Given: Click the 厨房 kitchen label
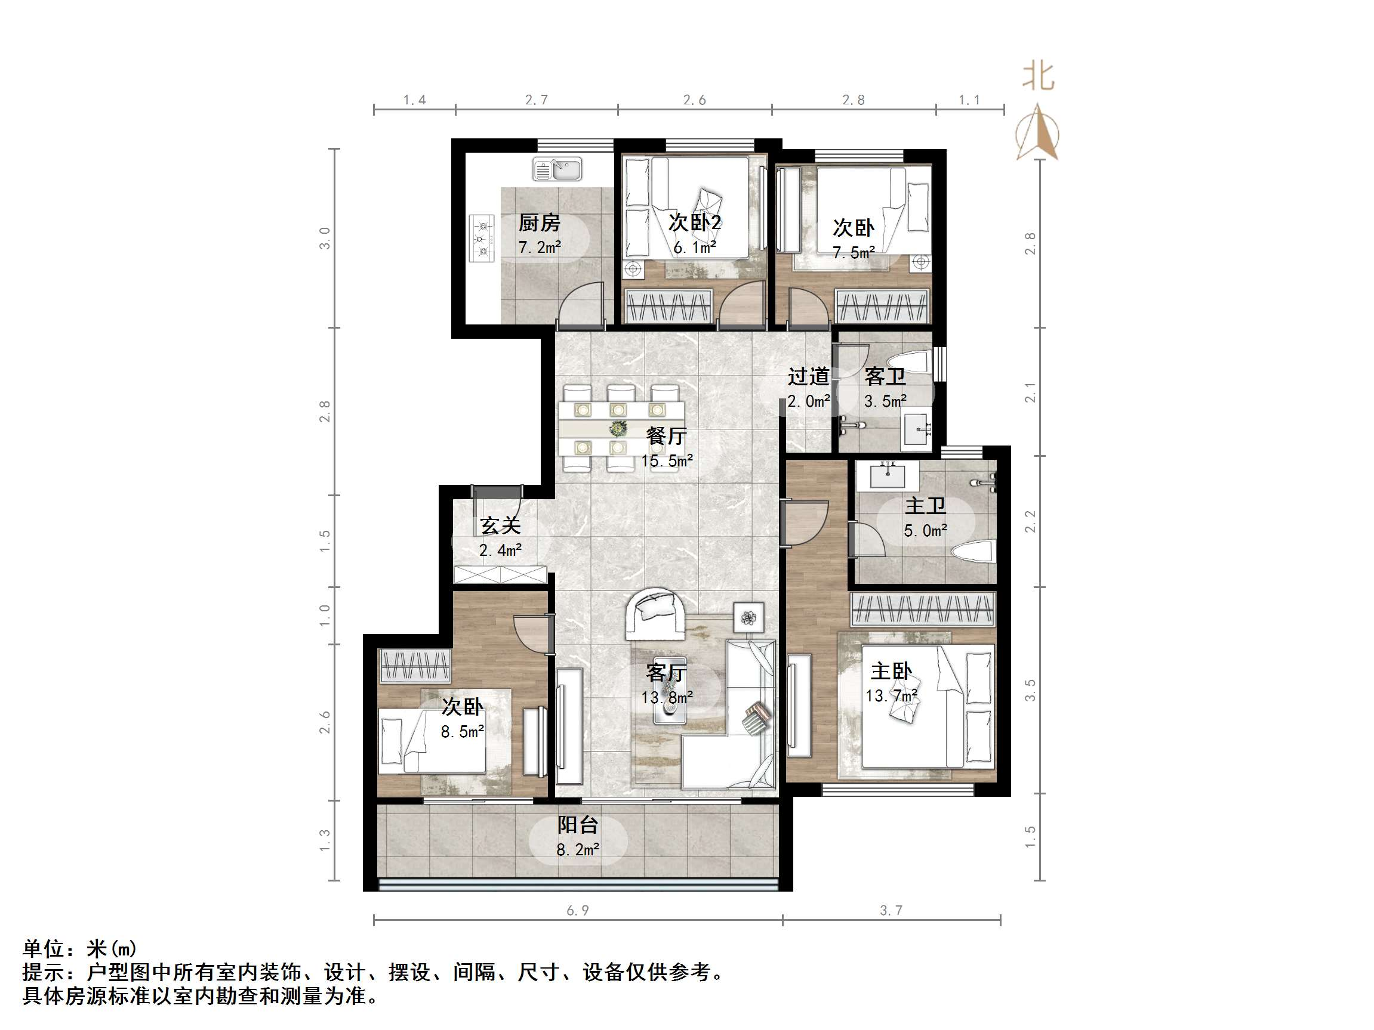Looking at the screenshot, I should pyautogui.click(x=539, y=222).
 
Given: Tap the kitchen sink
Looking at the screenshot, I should pyautogui.click(x=557, y=169).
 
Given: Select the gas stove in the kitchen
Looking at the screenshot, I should pyautogui.click(x=482, y=239).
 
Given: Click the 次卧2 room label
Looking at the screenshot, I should pyautogui.click(x=694, y=222).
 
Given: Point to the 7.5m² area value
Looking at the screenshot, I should pyautogui.click(x=854, y=253).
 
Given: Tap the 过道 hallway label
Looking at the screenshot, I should pyautogui.click(x=808, y=376).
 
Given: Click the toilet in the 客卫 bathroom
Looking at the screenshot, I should pyautogui.click(x=911, y=361).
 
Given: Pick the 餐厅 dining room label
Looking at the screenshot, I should pyautogui.click(x=666, y=436).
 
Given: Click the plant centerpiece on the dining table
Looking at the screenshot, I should pyautogui.click(x=617, y=428).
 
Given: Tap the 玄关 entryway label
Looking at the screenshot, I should pyautogui.click(x=500, y=526).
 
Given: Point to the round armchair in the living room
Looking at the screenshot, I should pyautogui.click(x=656, y=613).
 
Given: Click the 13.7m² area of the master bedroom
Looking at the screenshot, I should pyautogui.click(x=891, y=696).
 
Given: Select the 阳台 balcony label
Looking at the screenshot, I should pyautogui.click(x=578, y=824).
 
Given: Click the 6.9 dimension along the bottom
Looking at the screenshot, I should pyautogui.click(x=578, y=910).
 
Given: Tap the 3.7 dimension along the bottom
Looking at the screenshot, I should pyautogui.click(x=891, y=910).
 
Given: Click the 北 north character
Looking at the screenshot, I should pyautogui.click(x=1038, y=77).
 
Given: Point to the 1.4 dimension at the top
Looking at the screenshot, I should pyautogui.click(x=414, y=100).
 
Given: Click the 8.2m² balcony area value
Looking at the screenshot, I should pyautogui.click(x=578, y=849).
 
